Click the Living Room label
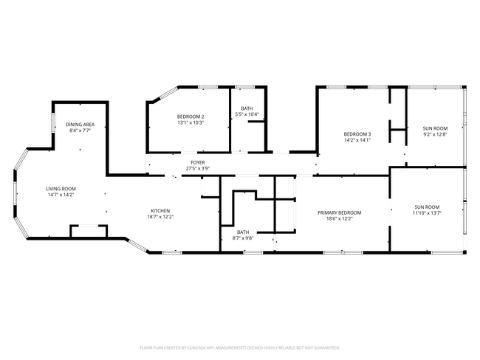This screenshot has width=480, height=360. [62, 189]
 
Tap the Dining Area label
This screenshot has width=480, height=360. [80, 125]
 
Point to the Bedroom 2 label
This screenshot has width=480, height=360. [190, 117]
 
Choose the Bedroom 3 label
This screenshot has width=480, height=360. [357, 134]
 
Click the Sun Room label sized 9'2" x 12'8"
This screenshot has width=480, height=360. [435, 128]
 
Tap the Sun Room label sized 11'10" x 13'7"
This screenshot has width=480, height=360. [427, 207]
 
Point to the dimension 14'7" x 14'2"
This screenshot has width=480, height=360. [62, 195]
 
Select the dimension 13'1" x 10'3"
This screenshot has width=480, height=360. [190, 123]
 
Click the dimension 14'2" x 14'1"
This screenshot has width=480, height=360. [357, 140]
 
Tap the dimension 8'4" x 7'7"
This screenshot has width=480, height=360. [80, 131]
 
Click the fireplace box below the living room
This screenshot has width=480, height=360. [89, 232]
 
